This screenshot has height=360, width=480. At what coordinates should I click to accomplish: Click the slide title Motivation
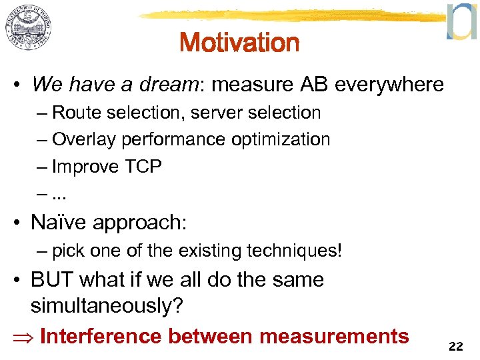tap(239, 43)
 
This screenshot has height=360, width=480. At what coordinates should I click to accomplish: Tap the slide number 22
tap(456, 346)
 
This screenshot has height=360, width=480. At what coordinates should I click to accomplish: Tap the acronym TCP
tap(143, 167)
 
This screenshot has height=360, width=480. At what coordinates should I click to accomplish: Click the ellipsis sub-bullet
tap(59, 194)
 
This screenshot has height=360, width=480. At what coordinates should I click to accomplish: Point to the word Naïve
tap(58, 223)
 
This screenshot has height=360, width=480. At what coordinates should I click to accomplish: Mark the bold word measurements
tap(334, 336)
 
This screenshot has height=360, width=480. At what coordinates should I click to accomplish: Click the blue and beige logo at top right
tap(461, 22)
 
